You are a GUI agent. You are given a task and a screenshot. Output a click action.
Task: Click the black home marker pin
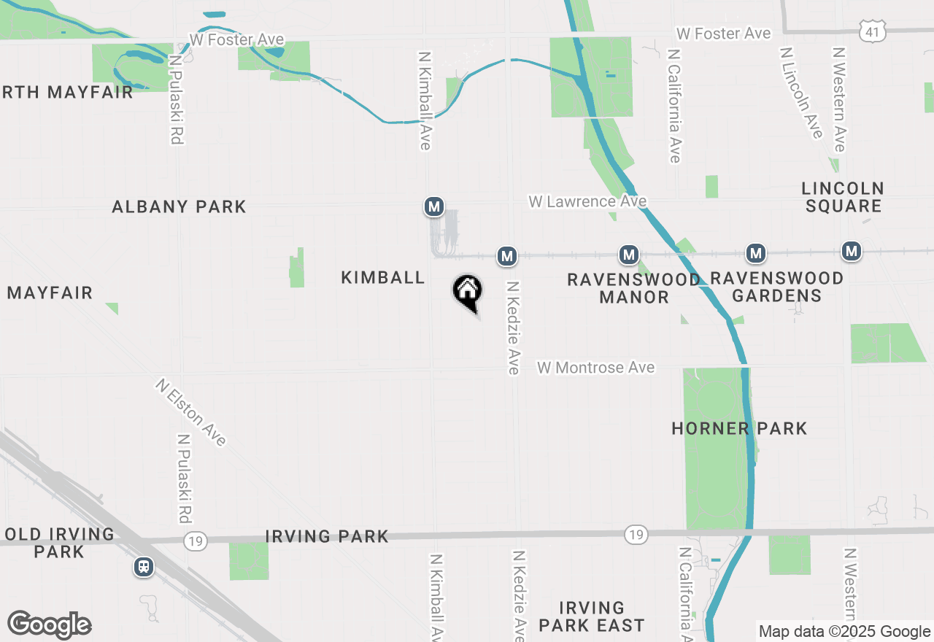click(468, 293)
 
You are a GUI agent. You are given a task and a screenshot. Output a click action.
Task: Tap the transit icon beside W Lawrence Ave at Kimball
click(434, 206)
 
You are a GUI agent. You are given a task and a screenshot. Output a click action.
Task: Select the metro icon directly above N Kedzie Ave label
click(507, 256)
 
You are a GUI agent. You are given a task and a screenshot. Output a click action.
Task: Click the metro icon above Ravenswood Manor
click(629, 255)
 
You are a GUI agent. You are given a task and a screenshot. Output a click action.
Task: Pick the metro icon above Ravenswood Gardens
click(756, 254)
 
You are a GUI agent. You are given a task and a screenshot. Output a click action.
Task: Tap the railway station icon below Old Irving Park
click(144, 567)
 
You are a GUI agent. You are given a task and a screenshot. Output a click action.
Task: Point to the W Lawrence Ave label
click(587, 201)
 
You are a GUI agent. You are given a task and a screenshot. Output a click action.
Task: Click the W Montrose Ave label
click(596, 368)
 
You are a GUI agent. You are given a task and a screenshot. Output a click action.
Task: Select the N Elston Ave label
click(190, 411)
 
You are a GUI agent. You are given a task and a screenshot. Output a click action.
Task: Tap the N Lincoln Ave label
click(802, 93)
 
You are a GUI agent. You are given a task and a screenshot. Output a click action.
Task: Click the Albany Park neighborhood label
click(179, 207)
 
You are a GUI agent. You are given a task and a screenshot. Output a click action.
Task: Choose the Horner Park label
click(739, 428)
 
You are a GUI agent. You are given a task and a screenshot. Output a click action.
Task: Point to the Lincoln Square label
click(844, 197)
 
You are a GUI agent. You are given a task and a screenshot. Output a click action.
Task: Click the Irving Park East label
click(592, 616)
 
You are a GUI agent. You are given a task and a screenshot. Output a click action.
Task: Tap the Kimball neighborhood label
click(383, 277)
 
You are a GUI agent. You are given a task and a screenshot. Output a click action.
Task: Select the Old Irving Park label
click(59, 543)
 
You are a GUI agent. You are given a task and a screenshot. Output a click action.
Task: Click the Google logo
click(49, 625)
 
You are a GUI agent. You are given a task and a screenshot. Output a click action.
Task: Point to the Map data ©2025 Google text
click(844, 632)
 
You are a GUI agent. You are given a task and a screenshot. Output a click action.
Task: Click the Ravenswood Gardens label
click(776, 287)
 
